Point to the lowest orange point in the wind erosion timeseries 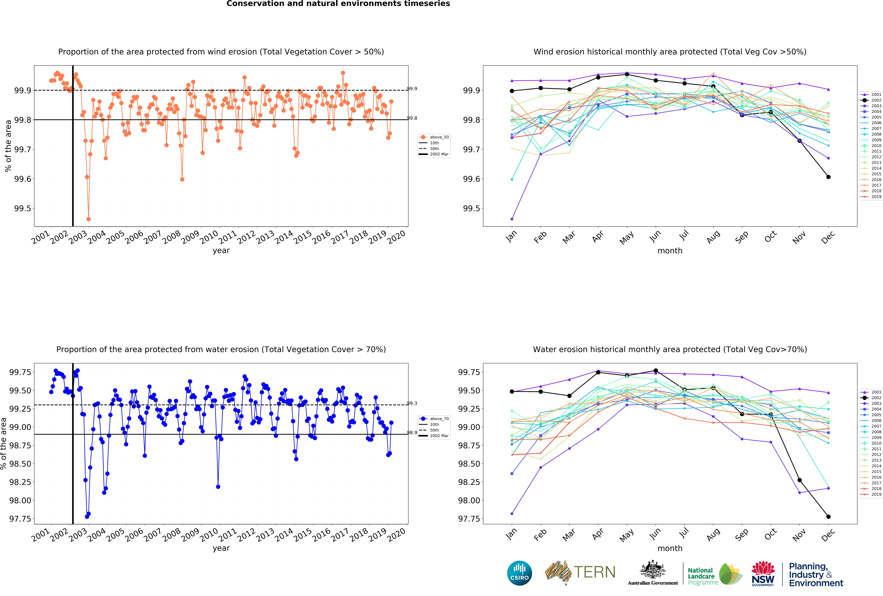pyautogui.click(x=89, y=219)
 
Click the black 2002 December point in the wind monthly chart pyautogui.click(x=828, y=177)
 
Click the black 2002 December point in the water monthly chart pyautogui.click(x=828, y=517)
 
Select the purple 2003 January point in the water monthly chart pyautogui.click(x=512, y=514)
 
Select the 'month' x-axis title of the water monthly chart pyautogui.click(x=670, y=548)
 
